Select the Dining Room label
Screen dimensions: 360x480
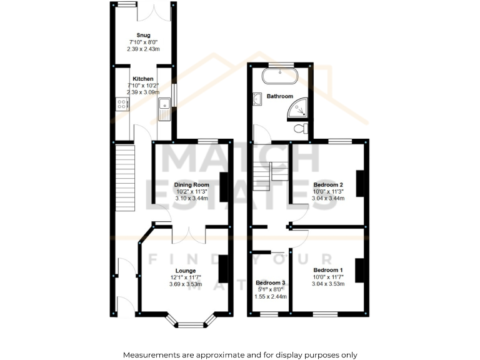pyautogui.click(x=191, y=184)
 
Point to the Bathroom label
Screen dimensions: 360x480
pyautogui.click(x=279, y=97)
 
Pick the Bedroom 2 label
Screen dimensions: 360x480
pyautogui.click(x=328, y=184)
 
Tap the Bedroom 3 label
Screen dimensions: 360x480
pyautogui.click(x=271, y=282)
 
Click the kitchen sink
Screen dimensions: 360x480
pyautogui.click(x=164, y=109)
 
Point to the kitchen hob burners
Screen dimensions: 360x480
pyautogui.click(x=122, y=106)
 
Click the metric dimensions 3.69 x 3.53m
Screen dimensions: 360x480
pyautogui.click(x=186, y=284)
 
